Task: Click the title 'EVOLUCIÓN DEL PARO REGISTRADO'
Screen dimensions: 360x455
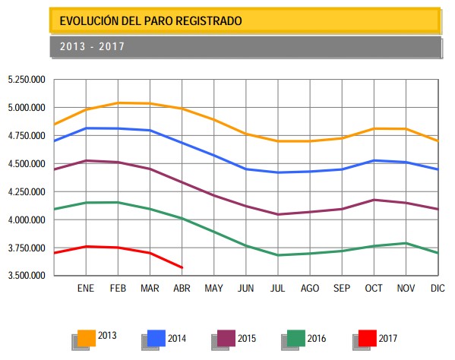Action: tap(150, 21)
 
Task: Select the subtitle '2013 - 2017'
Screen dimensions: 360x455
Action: tap(92, 46)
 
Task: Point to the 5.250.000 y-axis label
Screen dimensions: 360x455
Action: tap(27, 80)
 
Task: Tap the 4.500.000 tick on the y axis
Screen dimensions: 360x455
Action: tap(27, 164)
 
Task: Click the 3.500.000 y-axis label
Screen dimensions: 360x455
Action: tap(27, 275)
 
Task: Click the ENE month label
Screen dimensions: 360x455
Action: tap(86, 289)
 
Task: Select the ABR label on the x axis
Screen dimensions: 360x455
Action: tap(182, 289)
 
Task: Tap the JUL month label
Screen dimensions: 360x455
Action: tap(278, 289)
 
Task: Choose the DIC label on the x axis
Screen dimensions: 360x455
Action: tap(437, 289)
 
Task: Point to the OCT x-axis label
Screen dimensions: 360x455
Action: tap(374, 289)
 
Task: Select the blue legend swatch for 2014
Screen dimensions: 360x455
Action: tap(156, 337)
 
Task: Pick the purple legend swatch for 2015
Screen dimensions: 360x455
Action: tap(226, 337)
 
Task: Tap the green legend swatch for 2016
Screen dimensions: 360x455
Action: tap(296, 337)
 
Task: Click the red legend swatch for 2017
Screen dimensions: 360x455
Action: tap(366, 337)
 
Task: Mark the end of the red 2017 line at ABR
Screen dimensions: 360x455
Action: tap(182, 267)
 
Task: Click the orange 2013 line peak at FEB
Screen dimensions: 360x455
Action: tap(118, 103)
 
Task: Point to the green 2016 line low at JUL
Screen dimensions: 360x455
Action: tap(278, 255)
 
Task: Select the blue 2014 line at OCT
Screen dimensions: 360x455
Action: tap(374, 160)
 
